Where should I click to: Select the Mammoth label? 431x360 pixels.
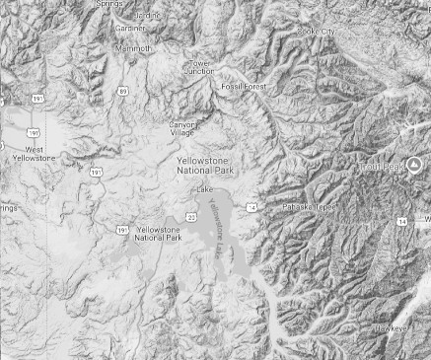tap(134, 47)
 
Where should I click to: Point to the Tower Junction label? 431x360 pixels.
tap(200, 67)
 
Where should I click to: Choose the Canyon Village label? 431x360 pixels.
tap(182, 128)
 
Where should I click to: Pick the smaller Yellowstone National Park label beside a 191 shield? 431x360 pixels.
tap(158, 234)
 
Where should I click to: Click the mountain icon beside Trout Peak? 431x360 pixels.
tap(414, 163)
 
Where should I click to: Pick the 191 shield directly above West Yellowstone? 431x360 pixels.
tap(36, 131)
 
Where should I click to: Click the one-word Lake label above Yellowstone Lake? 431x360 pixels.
tap(205, 188)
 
